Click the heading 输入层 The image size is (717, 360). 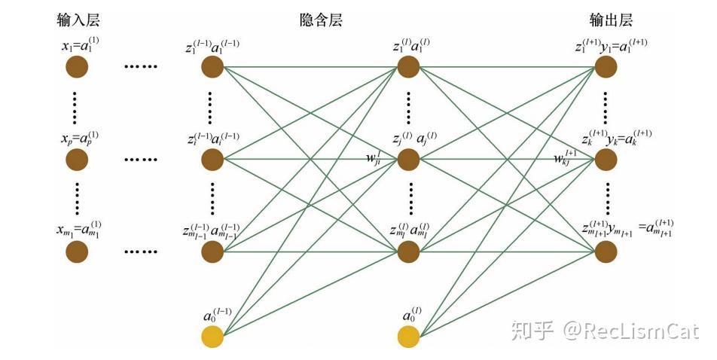[x=76, y=20]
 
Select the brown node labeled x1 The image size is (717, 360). [x=76, y=68]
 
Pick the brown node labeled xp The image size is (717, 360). [x=76, y=160]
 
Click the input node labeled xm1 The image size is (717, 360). [x=76, y=252]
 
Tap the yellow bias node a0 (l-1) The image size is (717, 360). [x=212, y=337]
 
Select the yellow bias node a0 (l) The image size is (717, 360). [x=408, y=337]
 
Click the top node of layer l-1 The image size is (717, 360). [x=212, y=68]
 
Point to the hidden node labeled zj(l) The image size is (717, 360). [x=408, y=160]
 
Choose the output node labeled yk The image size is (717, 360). [x=606, y=160]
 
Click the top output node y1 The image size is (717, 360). [x=606, y=68]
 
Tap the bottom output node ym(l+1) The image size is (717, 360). [x=606, y=252]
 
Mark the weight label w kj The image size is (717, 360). [x=566, y=157]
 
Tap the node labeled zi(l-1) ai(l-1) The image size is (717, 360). [x=212, y=160]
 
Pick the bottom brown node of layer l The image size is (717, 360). [x=408, y=252]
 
